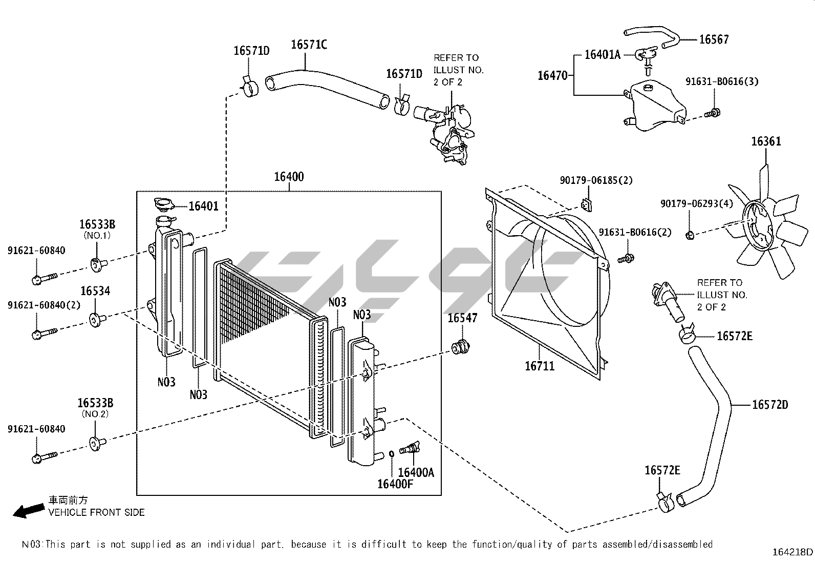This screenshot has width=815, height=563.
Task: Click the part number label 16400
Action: (x=289, y=177)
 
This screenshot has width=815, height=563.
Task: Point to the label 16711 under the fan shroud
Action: (x=540, y=366)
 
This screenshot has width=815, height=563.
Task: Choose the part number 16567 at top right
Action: (x=714, y=39)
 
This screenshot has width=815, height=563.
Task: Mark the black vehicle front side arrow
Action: (x=28, y=510)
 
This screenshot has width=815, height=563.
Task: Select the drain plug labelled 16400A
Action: (x=410, y=449)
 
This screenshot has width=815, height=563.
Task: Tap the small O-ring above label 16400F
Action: (x=391, y=453)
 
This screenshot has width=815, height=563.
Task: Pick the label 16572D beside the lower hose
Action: (x=770, y=405)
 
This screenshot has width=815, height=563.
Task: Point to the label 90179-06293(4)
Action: (x=696, y=203)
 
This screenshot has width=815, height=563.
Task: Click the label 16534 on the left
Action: (x=95, y=291)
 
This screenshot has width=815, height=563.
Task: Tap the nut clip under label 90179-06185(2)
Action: (x=587, y=205)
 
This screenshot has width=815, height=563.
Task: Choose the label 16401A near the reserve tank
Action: (x=603, y=55)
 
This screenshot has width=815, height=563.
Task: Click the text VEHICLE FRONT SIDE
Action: (x=96, y=512)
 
